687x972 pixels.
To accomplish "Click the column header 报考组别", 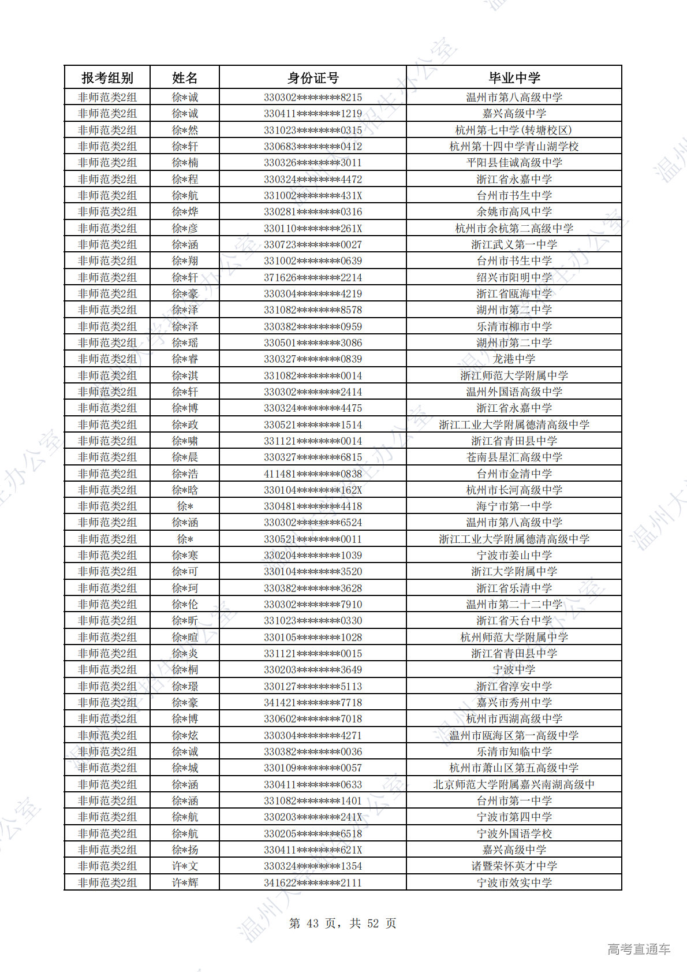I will point(107,78).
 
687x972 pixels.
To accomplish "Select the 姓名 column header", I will point(185,78).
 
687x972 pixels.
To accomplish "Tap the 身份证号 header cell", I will point(313,78).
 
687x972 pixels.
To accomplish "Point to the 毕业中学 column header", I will point(514,78).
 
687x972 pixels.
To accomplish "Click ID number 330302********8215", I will point(313,98).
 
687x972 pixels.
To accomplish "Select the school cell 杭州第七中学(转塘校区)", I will point(514,131).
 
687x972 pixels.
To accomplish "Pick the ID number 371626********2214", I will point(313,278).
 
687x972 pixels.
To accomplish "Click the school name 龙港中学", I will point(514,359).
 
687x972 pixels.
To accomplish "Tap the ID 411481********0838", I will point(313,474).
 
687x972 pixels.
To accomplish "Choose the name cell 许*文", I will point(185,866).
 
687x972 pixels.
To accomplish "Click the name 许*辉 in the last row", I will point(185,883).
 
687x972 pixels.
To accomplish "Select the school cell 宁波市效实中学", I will point(514,883).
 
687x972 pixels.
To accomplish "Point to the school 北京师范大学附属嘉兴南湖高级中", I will point(514,785).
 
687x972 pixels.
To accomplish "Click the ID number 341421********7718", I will point(313,703).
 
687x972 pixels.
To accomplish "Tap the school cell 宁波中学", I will point(514,670).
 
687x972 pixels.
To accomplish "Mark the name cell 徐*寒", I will point(185,556).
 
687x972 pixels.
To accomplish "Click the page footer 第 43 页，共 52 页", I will point(342,923).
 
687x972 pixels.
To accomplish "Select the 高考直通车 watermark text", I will point(639,949).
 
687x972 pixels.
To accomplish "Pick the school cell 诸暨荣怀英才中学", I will point(514,866).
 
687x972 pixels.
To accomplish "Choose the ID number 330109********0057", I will point(313,768).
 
